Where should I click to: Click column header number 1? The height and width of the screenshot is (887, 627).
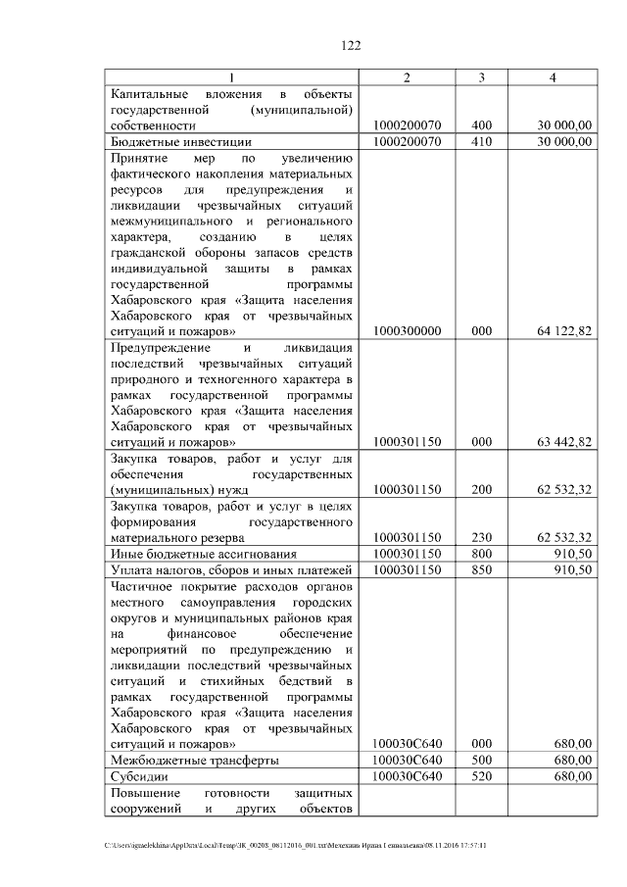click(x=232, y=77)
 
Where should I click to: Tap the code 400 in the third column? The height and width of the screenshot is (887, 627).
click(x=482, y=125)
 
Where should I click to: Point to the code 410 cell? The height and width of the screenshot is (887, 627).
click(x=482, y=141)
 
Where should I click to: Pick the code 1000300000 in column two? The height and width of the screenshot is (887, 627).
click(x=408, y=331)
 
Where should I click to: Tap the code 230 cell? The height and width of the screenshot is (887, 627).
click(x=482, y=537)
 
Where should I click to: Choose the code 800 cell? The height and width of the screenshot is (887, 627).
click(x=482, y=553)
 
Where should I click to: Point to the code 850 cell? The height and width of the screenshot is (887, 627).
click(x=482, y=569)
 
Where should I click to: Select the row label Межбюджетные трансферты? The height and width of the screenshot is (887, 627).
click(x=194, y=760)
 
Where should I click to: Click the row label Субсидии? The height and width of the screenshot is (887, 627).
click(x=140, y=776)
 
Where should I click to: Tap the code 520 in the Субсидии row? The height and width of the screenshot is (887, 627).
click(x=482, y=776)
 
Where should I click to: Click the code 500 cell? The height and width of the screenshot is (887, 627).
click(x=482, y=760)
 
